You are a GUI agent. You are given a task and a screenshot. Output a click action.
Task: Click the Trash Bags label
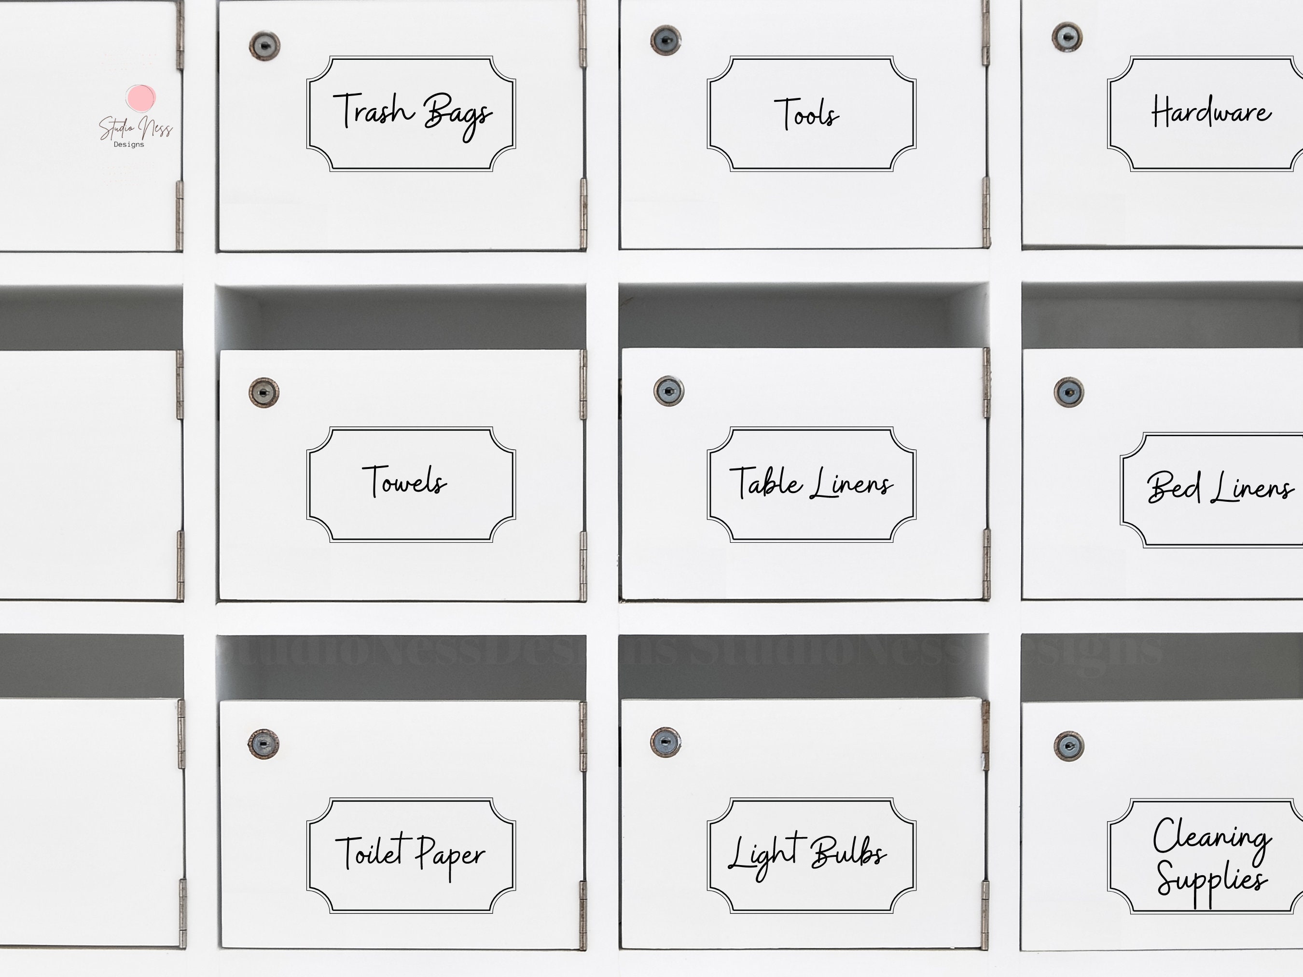[x=411, y=114]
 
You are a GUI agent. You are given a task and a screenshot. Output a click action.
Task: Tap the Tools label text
[x=807, y=114]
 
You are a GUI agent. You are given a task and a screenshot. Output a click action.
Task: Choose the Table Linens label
[x=811, y=483]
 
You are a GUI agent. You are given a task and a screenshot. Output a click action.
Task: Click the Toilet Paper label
[x=411, y=855]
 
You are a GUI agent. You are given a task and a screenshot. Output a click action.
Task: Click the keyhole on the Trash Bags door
[x=264, y=45]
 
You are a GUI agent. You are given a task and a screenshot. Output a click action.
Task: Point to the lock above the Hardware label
[x=1067, y=37]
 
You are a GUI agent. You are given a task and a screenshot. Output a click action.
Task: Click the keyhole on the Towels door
[x=264, y=393]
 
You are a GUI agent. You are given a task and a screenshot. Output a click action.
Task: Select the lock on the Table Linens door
[x=668, y=391]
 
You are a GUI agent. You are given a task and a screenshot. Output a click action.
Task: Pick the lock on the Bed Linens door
[x=1068, y=392]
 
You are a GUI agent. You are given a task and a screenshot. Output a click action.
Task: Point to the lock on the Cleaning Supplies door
[x=1068, y=747]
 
